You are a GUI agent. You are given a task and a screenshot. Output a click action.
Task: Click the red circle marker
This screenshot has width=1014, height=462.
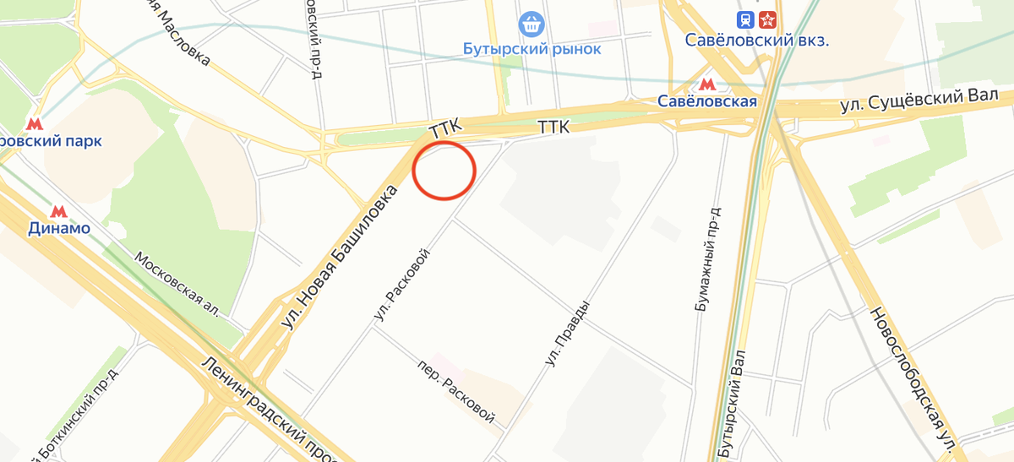[444, 171]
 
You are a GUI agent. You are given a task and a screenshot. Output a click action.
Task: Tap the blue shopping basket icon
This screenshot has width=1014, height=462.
[532, 24]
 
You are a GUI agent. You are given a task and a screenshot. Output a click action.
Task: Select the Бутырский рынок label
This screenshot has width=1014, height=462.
[532, 49]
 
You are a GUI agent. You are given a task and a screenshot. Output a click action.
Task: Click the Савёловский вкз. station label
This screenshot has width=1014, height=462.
[756, 41]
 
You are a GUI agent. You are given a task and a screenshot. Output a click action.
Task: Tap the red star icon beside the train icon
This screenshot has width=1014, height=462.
[767, 19]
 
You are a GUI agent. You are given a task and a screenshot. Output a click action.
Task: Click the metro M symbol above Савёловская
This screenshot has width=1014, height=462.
[706, 84]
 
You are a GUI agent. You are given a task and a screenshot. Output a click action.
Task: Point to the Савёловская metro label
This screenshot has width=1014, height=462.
[706, 101]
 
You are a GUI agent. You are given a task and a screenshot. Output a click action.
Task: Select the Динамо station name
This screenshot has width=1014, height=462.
[59, 228]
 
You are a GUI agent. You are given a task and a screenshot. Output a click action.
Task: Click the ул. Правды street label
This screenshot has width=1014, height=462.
[567, 334]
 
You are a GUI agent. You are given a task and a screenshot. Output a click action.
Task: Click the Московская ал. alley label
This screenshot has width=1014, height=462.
[178, 284]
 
